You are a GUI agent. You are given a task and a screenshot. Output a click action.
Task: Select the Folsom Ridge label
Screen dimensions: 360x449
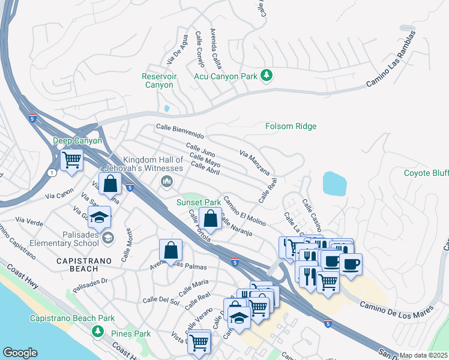click(291, 126)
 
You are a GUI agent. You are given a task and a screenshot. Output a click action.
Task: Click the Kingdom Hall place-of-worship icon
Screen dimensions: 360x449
click(164, 184)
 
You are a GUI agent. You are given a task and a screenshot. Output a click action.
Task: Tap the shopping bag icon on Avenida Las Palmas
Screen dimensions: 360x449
click(170, 250)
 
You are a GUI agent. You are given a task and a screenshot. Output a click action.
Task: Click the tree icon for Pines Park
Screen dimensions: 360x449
click(97, 332)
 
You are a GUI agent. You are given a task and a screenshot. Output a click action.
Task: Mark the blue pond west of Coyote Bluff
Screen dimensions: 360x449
click(334, 183)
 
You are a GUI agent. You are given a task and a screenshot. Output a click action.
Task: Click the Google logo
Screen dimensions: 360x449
click(20, 352)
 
